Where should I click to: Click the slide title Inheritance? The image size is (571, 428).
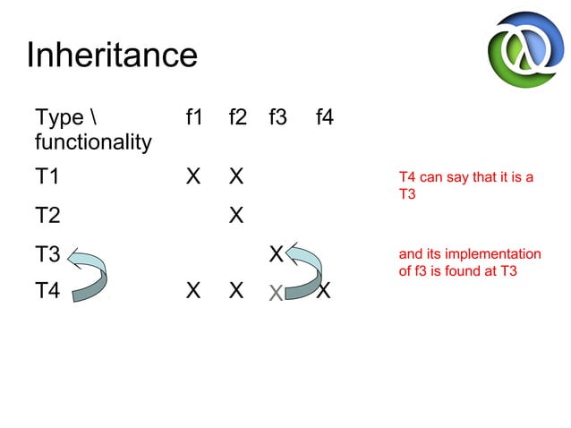pyautogui.click(x=112, y=56)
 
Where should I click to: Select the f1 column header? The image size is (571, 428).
pyautogui.click(x=193, y=116)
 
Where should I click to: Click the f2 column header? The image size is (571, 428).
pyautogui.click(x=236, y=116)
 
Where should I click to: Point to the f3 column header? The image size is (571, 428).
pyautogui.click(x=277, y=116)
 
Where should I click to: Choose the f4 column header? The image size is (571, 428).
pyautogui.click(x=324, y=116)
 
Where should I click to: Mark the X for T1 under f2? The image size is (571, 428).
pyautogui.click(x=236, y=176)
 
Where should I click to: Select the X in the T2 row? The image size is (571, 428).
pyautogui.click(x=236, y=216)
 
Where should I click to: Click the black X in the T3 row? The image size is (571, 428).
pyautogui.click(x=277, y=253)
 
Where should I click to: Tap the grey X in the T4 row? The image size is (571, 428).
pyautogui.click(x=277, y=292)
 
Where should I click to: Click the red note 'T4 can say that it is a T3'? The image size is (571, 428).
pyautogui.click(x=465, y=184)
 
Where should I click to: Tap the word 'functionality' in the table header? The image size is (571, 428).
pyautogui.click(x=92, y=141)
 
